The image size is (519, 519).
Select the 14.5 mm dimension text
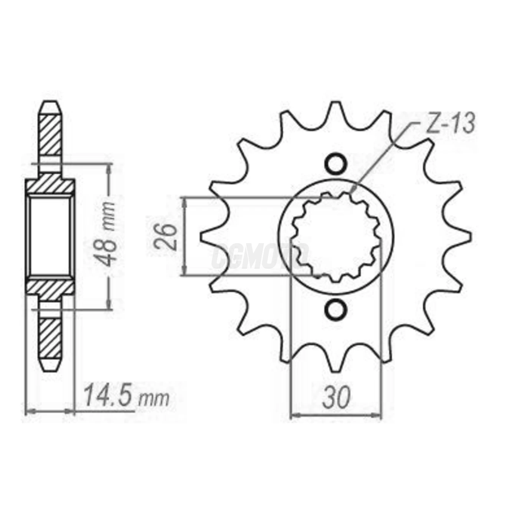tap(126, 397)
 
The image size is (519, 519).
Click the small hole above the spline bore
tap(336, 163)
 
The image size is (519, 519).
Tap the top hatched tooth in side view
tap(50, 133)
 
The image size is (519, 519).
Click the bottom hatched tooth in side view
tap(50, 337)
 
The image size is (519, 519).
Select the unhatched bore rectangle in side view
tap(50, 236)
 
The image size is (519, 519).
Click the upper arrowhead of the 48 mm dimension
tap(108, 168)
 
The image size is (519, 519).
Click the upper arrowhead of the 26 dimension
tap(185, 202)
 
